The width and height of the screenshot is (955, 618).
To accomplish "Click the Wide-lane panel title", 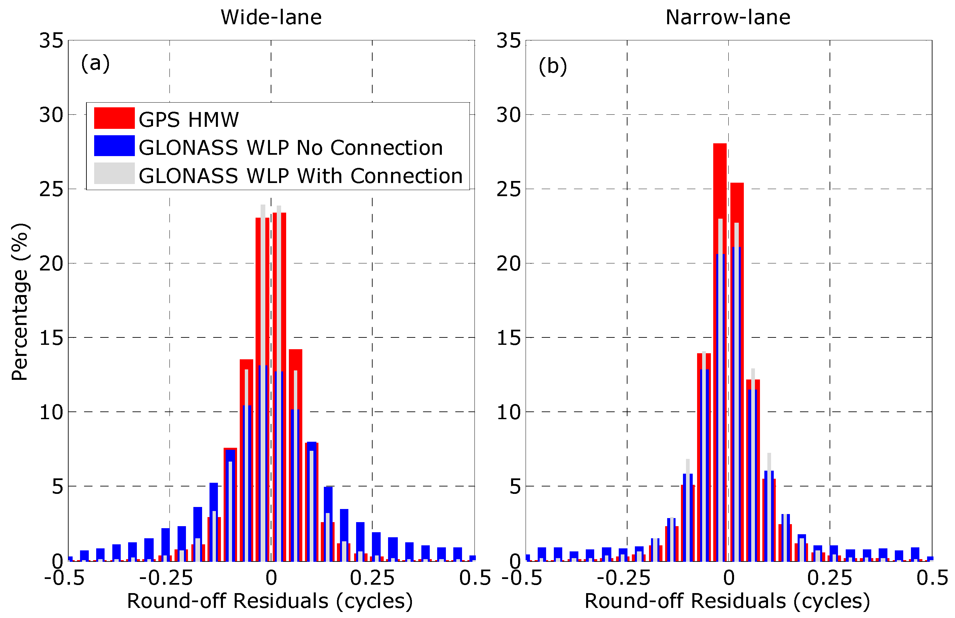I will pos(271,17).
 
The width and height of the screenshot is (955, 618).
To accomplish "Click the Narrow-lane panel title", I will pos(728,17).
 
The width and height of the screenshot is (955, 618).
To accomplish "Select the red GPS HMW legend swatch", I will pos(114,118).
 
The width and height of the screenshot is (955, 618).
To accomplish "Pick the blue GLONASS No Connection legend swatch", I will pos(114,146).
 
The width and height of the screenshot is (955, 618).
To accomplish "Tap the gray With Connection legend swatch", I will pos(114,173).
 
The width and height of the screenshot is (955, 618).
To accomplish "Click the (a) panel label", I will pos(95,63).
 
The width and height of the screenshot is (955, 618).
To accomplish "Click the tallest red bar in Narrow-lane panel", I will pos(720,281).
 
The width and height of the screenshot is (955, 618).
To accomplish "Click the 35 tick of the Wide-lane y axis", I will pos(51,41).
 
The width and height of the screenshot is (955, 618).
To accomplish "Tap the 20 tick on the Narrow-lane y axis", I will pos(508,264).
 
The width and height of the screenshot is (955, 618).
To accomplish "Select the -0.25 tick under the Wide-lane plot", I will pos(166,578).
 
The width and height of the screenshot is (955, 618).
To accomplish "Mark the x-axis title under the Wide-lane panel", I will pos(270,601).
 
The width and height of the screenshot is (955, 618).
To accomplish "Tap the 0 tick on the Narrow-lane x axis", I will pos(729,578).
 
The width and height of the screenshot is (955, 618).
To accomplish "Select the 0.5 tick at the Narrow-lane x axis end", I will pos(932,578).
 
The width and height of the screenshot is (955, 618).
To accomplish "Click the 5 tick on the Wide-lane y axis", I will pos(58,487).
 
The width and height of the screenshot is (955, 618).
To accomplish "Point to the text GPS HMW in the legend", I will pos(189,119).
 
